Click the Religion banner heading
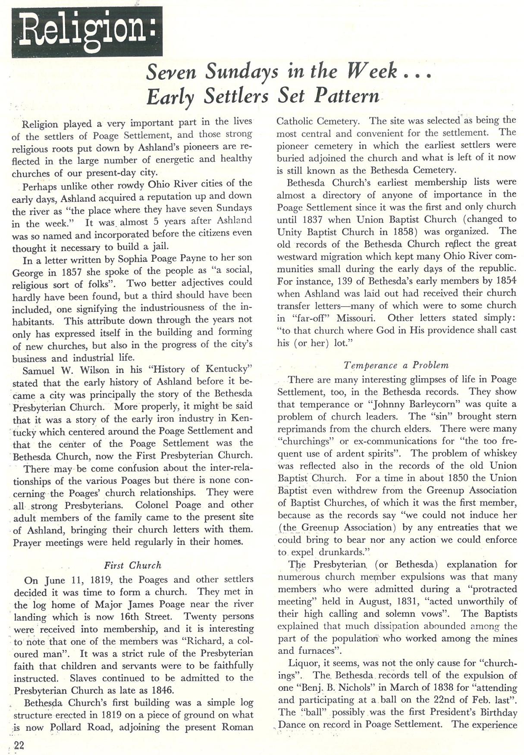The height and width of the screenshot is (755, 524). [x=87, y=32]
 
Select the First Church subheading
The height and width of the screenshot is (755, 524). [x=133, y=565]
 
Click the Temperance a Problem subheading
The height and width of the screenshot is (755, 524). [x=396, y=365]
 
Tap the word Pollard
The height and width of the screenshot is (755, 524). [x=67, y=727]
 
